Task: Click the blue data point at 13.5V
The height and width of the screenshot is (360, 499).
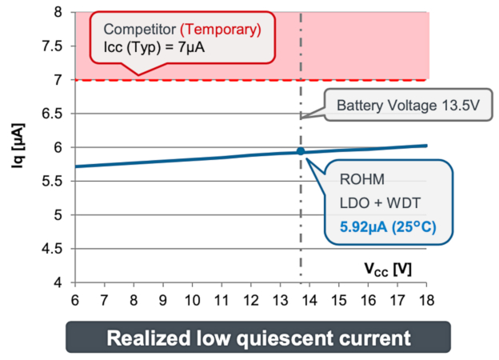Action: pyautogui.click(x=301, y=151)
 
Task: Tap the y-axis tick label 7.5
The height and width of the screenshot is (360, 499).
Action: pyautogui.click(x=54, y=46)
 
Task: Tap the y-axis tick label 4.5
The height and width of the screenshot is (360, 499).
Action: pyautogui.click(x=54, y=249)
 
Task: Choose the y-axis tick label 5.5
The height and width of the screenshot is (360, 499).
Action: pyautogui.click(x=54, y=182)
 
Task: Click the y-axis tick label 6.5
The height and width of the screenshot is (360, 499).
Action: pyautogui.click(x=54, y=114)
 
